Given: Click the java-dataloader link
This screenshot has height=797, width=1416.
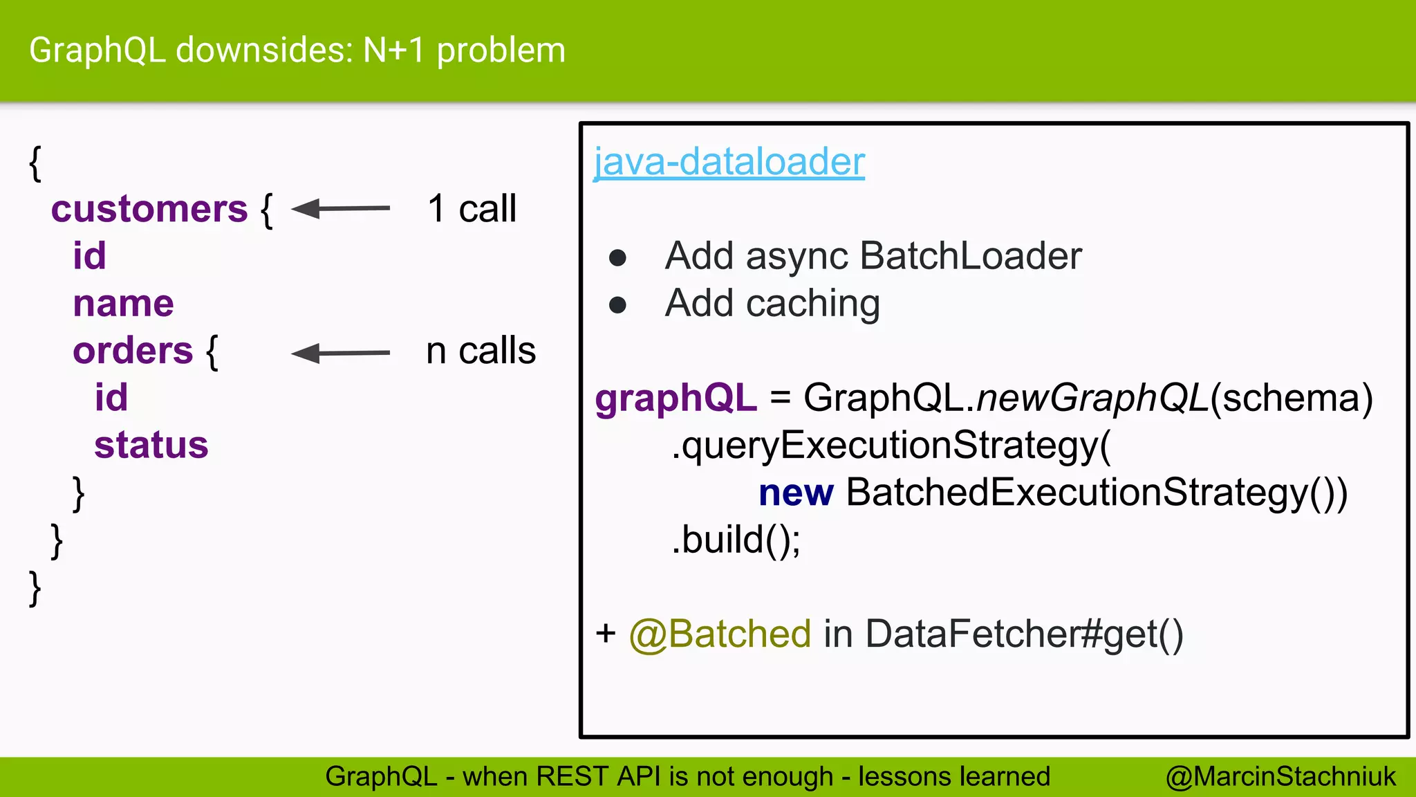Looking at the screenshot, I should click(x=729, y=162).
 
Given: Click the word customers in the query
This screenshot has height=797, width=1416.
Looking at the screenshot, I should click(x=149, y=209).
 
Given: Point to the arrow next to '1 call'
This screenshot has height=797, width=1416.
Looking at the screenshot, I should click(x=340, y=208).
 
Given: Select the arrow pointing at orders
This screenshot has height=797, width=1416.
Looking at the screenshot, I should click(x=340, y=353).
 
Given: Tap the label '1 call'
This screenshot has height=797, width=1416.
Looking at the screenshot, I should click(x=472, y=209).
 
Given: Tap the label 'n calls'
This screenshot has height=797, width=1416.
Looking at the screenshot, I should click(x=481, y=351).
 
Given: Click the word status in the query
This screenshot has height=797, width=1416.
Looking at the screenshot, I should click(x=151, y=445).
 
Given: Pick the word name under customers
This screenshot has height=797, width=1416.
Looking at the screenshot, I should click(x=123, y=304).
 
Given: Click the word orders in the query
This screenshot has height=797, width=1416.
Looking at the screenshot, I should click(x=133, y=351).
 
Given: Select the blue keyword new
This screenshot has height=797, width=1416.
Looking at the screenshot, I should click(x=796, y=493).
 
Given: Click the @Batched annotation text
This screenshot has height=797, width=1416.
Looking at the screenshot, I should click(x=720, y=634).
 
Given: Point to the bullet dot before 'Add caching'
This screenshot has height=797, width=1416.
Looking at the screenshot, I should click(x=617, y=305).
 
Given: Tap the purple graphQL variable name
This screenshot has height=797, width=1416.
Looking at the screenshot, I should click(x=676, y=398).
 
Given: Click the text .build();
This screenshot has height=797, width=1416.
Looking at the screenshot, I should click(x=736, y=540).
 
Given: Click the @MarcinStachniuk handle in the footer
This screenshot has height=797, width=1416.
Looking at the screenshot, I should click(x=1280, y=776).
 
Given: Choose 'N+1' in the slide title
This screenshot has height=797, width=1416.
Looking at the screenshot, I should click(x=393, y=51).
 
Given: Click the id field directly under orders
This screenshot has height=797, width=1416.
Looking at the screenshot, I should click(x=111, y=398).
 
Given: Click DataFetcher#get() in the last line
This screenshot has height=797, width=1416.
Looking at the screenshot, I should click(x=1024, y=634).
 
